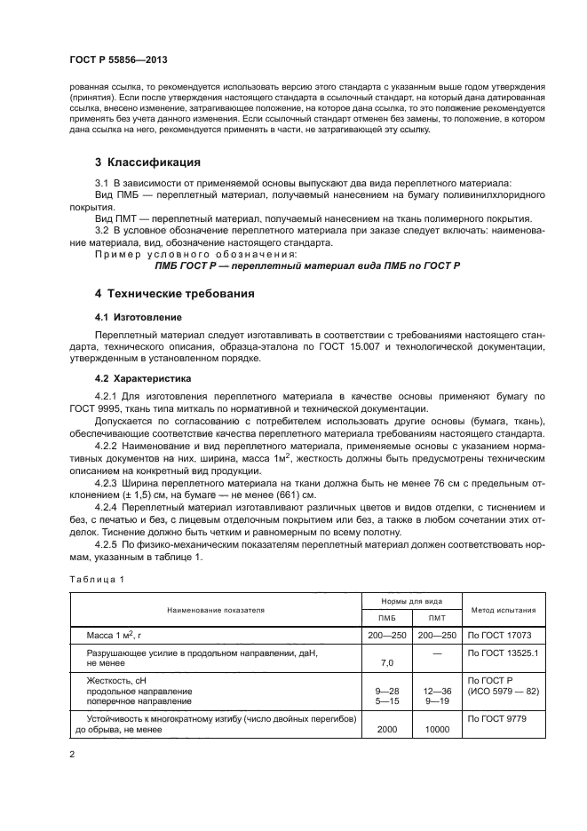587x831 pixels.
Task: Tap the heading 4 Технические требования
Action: (175, 292)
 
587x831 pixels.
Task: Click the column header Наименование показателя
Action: (213, 610)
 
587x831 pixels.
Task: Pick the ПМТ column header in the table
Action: (437, 618)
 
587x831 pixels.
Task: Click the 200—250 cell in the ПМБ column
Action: (387, 635)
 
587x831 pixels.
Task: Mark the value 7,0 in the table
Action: (387, 662)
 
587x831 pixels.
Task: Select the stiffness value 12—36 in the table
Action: (437, 690)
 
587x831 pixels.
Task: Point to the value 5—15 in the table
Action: (387, 700)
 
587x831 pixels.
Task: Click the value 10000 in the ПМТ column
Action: (437, 728)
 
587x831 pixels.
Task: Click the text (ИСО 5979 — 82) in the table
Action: (504, 690)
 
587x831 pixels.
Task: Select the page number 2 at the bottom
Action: (72, 754)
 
